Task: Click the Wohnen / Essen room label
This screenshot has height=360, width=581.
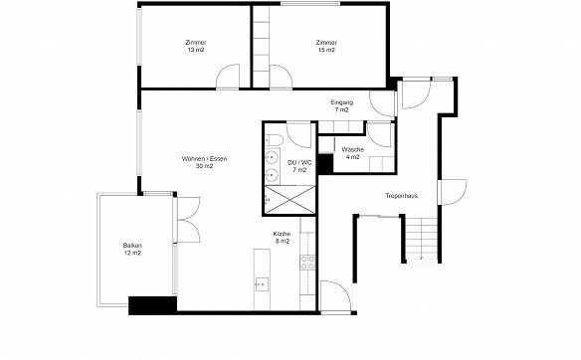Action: coord(204,162)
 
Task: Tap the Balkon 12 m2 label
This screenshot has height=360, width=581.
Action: coord(132,250)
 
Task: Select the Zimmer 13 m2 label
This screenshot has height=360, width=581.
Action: coord(196,46)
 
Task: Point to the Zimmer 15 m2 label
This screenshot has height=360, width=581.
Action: coord(326,46)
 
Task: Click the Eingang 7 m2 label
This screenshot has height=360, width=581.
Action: coord(341,106)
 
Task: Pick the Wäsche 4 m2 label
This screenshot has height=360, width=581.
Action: coord(353,153)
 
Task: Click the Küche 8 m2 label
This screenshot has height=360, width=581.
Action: coord(282,238)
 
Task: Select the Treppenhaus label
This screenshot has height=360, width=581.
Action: coord(401,196)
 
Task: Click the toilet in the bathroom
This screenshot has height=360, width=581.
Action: coord(274,139)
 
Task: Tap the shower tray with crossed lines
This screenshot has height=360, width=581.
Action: coord(290,200)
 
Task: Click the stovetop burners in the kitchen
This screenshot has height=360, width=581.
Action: coord(307,263)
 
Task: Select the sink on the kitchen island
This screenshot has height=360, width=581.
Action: coord(262,284)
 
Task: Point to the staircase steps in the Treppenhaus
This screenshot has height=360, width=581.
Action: coord(422,239)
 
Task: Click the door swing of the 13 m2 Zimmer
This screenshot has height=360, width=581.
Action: coord(228,77)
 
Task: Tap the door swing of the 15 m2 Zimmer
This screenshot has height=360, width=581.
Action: coord(281,77)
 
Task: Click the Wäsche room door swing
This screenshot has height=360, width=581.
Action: coord(379,135)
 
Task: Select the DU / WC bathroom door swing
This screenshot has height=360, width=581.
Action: coord(298,135)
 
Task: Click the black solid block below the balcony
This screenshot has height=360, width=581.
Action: coord(152,305)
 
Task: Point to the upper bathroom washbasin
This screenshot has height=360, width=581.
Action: coord(273,157)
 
